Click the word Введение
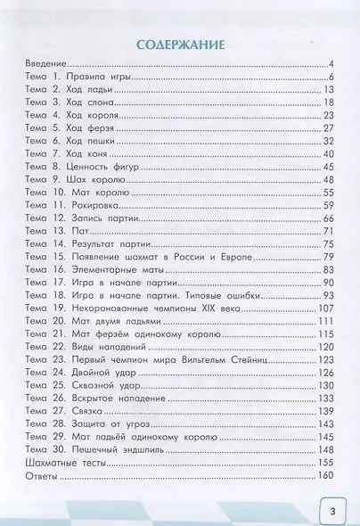(x=45, y=66)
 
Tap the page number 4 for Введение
(x=329, y=66)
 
